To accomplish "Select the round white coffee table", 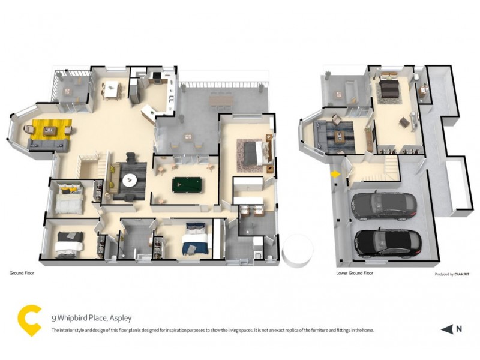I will click(130, 179).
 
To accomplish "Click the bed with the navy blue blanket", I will click(196, 239).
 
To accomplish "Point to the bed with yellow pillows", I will click(67, 199).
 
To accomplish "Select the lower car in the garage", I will click(387, 242).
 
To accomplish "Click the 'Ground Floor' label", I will click(21, 272).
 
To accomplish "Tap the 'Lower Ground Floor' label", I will click(355, 272).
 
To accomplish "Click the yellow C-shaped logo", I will click(29, 321).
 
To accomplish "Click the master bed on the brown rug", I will click(258, 152).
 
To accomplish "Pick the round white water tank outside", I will click(298, 251).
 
